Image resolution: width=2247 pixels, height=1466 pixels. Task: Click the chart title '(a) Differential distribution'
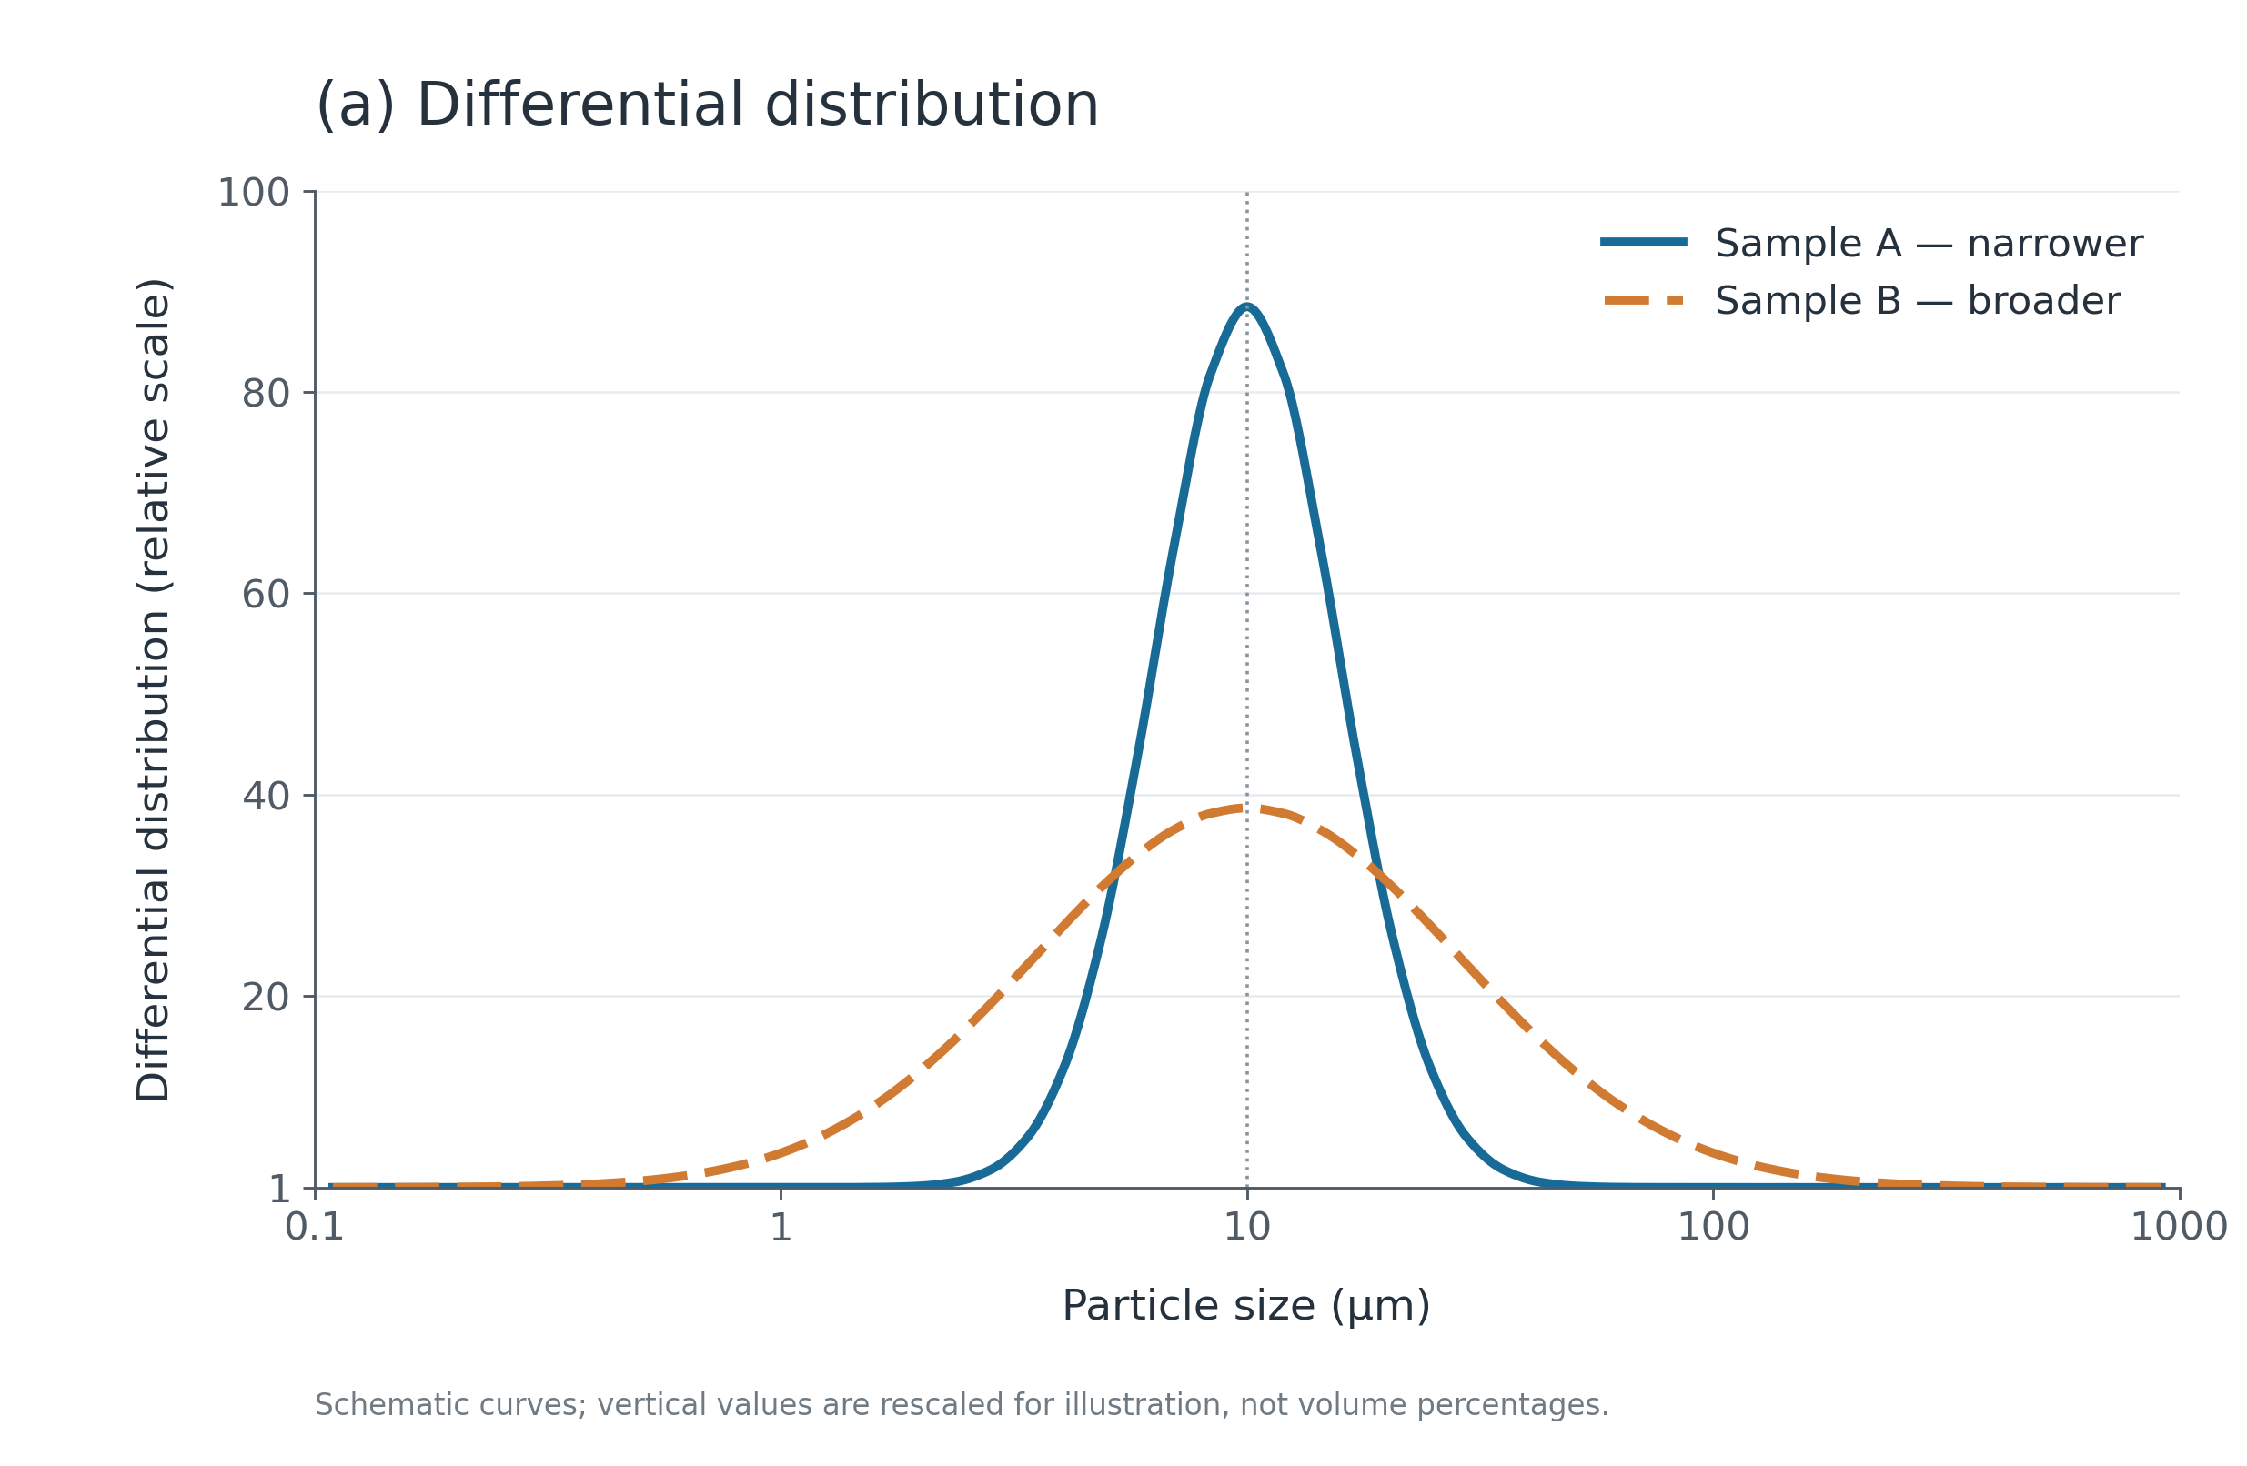coord(707,105)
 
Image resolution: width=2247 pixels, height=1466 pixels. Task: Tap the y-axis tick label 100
coord(254,193)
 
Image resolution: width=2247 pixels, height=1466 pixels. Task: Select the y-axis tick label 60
coord(267,595)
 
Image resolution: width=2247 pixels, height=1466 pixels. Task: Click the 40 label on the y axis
coord(267,796)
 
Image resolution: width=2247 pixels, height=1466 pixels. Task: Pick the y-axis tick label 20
coord(267,997)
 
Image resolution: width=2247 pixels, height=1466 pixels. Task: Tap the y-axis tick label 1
coord(279,1190)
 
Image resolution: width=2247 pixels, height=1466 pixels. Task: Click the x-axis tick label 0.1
coord(315,1227)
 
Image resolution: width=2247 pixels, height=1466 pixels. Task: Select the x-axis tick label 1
coord(781,1227)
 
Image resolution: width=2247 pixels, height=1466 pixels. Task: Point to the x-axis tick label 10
coord(1247,1227)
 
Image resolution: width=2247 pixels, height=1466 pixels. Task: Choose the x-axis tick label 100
coord(1714,1227)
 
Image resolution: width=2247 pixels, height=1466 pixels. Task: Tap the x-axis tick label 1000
coord(2179,1227)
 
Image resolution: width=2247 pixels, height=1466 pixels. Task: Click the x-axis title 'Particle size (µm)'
coord(1247,1307)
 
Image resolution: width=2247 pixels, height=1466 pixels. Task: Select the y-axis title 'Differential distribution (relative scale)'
coord(153,690)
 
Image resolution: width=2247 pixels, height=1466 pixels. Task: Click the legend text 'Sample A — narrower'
coord(1929,244)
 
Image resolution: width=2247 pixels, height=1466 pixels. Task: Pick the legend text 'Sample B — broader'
coord(1918,301)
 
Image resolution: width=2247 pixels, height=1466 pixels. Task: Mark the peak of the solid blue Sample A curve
coord(1247,306)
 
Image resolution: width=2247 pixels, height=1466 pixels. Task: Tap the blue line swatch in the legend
coord(1644,243)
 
